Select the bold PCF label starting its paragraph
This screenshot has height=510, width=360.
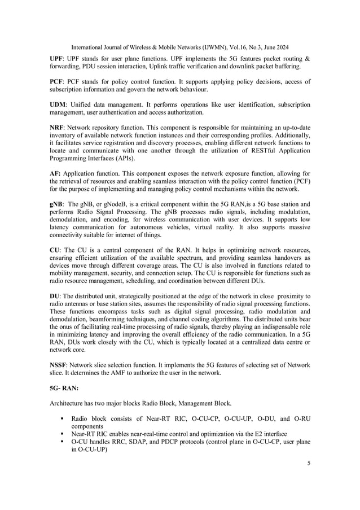(x=56, y=82)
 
